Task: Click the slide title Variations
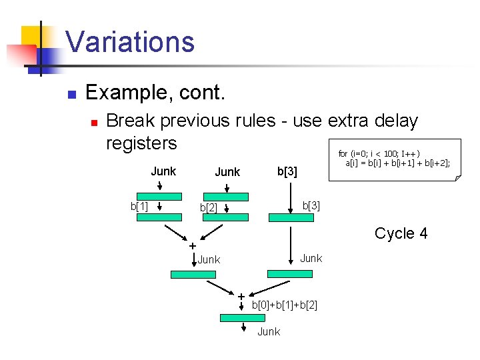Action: coord(130,41)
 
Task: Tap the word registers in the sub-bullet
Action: coord(141,143)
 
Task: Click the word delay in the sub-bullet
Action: coord(394,121)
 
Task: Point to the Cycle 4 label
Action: coord(401,233)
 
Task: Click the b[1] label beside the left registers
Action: coord(139,206)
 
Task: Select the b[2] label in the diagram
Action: coord(209,208)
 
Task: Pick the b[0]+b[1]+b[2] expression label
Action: coord(284,305)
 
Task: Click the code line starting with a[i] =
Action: coord(397,162)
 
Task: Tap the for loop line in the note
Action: coord(379,153)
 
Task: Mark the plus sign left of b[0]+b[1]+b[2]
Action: coord(241,296)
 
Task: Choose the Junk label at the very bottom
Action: coord(269,331)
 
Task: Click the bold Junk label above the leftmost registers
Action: coord(163,171)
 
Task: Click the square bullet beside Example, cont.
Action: coord(73,93)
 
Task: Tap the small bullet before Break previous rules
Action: coord(95,122)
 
